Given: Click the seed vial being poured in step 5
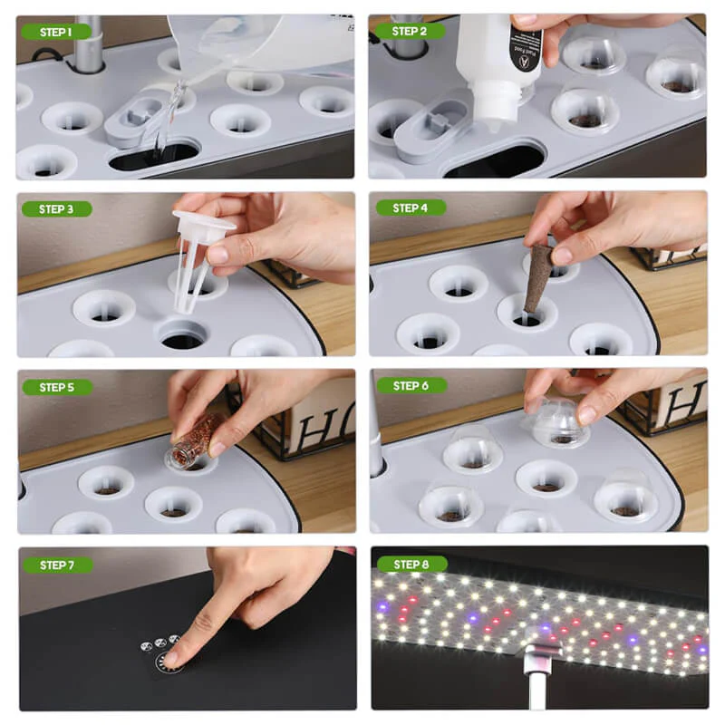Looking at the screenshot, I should click(x=195, y=442).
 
